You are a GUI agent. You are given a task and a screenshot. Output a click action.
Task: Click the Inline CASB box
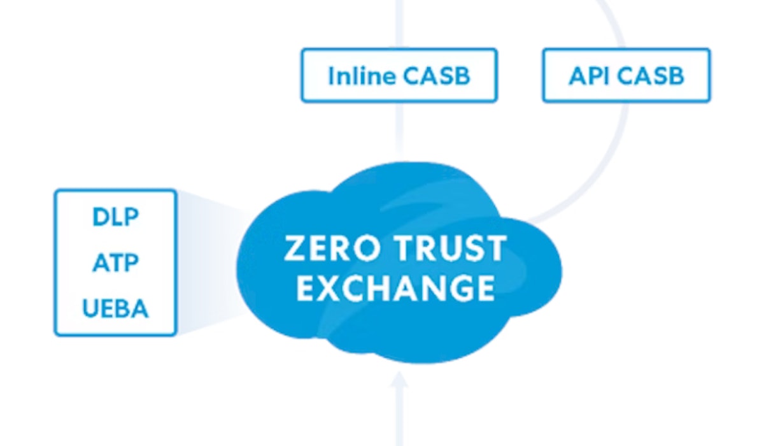pyautogui.click(x=399, y=75)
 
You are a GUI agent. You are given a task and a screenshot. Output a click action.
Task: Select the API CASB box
pyautogui.click(x=626, y=75)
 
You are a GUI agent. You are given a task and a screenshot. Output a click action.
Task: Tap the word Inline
pyautogui.click(x=361, y=76)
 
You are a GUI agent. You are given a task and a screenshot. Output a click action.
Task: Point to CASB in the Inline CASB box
pyautogui.click(x=436, y=76)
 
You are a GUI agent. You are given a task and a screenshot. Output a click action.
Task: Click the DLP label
pyautogui.click(x=115, y=217)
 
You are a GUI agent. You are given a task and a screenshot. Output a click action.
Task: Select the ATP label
pyautogui.click(x=115, y=263)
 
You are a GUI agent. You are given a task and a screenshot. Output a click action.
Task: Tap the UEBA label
pyautogui.click(x=115, y=309)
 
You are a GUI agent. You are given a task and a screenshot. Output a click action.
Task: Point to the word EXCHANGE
pyautogui.click(x=395, y=288)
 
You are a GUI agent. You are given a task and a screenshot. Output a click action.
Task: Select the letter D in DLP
pyautogui.click(x=101, y=217)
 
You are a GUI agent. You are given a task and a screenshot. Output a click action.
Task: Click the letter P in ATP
pyautogui.click(x=132, y=263)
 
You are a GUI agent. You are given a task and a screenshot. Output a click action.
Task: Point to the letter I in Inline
pyautogui.click(x=331, y=76)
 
